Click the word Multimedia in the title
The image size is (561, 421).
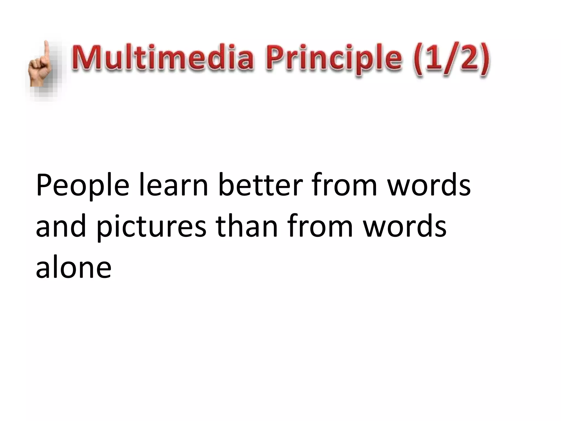(x=163, y=58)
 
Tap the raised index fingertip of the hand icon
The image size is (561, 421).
(x=47, y=44)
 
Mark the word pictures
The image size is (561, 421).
(x=151, y=228)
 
